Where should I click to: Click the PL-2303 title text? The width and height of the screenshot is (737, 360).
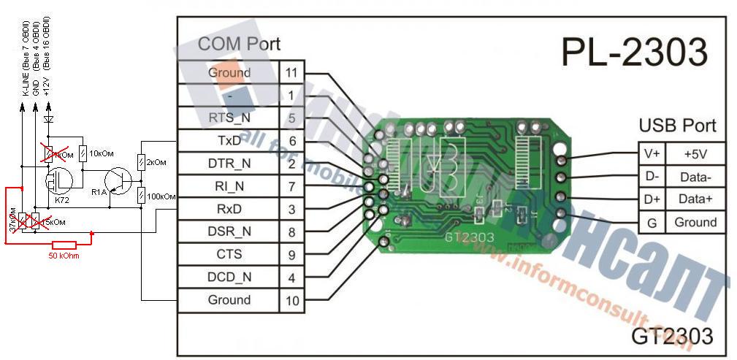coord(634,53)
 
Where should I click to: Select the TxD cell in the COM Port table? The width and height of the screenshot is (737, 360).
coord(229,140)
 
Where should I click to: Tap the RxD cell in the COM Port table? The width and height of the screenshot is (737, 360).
coord(229,209)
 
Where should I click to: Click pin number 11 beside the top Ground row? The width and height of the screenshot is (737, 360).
coord(291,72)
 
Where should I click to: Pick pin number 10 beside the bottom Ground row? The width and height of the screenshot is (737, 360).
coord(291,299)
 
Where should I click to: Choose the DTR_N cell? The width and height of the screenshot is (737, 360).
coord(229,164)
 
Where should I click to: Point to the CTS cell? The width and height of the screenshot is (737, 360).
coord(229,254)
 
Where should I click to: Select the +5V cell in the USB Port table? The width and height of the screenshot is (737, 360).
coord(695,154)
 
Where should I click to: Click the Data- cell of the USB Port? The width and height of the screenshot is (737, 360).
coord(695,177)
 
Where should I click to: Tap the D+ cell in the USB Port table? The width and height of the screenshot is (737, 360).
coord(652,199)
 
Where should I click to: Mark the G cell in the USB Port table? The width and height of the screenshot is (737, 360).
coord(652,222)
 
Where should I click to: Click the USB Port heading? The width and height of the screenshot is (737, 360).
coord(677,125)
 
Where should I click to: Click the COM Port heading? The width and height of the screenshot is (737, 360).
coord(239,44)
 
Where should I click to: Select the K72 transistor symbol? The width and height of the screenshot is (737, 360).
coord(56,180)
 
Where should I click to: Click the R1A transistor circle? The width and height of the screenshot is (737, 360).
coord(115,180)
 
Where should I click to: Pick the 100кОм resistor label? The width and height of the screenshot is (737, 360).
coord(161,196)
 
